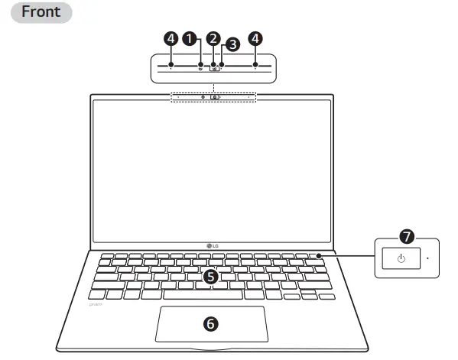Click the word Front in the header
[x=41, y=12]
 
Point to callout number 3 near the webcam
[x=232, y=44]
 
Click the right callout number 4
[x=255, y=37]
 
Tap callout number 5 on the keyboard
[x=211, y=277]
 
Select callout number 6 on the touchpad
[x=211, y=323]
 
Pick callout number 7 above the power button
[x=407, y=237]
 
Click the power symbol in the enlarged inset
[x=401, y=259]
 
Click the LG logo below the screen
[x=212, y=245]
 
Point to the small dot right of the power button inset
[x=427, y=259]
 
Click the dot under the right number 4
[x=255, y=66]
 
